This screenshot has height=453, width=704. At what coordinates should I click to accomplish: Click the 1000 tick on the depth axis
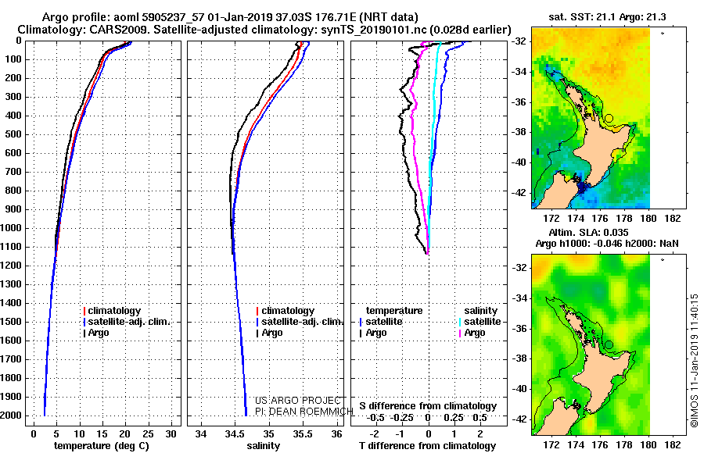tap(12, 228)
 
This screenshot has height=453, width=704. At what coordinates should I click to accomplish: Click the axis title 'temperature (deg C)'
tap(102, 446)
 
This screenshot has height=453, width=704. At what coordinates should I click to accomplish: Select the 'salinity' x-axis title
tap(263, 446)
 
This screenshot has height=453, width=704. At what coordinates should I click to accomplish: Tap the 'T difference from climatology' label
tap(427, 446)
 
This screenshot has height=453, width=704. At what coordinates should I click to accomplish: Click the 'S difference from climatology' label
tap(428, 406)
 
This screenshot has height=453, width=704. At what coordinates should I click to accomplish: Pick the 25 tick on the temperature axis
tap(148, 433)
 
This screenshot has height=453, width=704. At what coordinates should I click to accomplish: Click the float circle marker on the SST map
tap(609, 119)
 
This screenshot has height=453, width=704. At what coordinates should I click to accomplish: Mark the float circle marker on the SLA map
tap(609, 344)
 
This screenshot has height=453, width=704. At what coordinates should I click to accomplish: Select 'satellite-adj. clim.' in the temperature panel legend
tap(129, 322)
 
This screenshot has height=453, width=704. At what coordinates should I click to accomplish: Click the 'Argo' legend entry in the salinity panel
tap(272, 333)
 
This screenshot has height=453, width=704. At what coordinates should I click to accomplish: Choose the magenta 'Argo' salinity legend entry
tap(475, 333)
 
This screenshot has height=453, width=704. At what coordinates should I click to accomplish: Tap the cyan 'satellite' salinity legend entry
tap(482, 322)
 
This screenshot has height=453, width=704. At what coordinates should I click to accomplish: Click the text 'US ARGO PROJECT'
tap(298, 400)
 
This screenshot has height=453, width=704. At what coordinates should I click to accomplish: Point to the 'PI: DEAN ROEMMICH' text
tap(304, 412)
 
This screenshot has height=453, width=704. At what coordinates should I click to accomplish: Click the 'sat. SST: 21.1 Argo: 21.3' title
tap(607, 17)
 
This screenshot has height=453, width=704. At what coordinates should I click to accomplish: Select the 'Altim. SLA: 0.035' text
tap(588, 232)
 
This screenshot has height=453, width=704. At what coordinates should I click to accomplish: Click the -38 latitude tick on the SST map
tap(519, 132)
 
